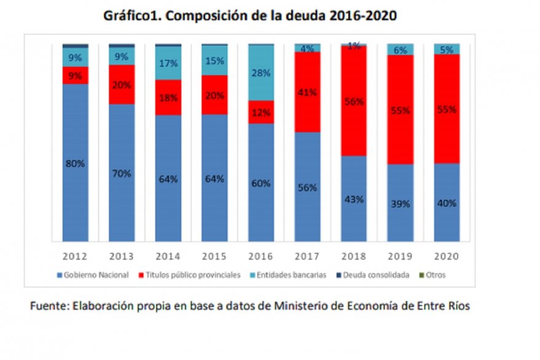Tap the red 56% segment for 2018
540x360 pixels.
[x=354, y=101]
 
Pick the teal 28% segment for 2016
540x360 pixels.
[x=261, y=72]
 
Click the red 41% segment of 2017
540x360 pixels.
[x=308, y=92]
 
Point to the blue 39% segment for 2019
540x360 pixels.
[x=400, y=203]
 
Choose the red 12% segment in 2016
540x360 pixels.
[x=261, y=112]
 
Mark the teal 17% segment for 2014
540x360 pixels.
[x=168, y=63]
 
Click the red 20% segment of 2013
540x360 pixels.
[x=122, y=84]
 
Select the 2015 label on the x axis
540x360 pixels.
[x=214, y=255]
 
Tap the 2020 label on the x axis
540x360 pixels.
[x=447, y=255]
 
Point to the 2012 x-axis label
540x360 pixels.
[x=76, y=255]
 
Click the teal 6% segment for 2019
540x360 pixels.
[x=400, y=50]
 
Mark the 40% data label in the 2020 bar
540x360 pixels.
[x=447, y=203]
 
